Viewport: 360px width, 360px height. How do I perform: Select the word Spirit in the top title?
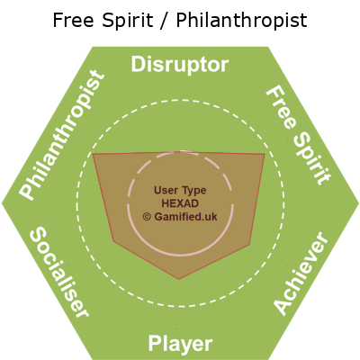[x=128, y=22]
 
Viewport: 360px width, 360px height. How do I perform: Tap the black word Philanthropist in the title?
[x=241, y=22]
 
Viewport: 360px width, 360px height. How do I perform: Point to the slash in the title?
[x=165, y=21]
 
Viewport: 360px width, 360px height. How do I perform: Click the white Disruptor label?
[x=180, y=65]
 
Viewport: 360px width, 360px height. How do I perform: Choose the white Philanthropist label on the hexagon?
[x=62, y=135]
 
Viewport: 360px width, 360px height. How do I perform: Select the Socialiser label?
[x=59, y=272]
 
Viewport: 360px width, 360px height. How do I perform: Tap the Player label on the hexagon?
[x=180, y=344]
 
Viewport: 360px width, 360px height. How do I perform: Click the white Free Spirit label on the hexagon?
[x=299, y=135]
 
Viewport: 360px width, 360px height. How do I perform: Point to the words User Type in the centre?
[x=180, y=191]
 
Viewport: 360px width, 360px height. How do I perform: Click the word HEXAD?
[x=180, y=203]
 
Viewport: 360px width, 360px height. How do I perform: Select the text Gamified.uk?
[x=185, y=217]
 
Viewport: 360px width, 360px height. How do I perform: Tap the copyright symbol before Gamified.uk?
[x=147, y=217]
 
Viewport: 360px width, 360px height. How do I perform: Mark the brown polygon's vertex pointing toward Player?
[x=179, y=279]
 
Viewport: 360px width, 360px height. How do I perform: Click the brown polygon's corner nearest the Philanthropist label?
[x=93, y=154]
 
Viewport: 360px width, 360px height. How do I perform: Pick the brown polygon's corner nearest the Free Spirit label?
[x=265, y=154]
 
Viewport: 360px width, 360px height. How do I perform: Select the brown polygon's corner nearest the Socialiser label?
[x=113, y=241]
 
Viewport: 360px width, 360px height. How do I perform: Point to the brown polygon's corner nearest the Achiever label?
[x=249, y=245]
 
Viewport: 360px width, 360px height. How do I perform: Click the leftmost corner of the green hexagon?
[x=2, y=203]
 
